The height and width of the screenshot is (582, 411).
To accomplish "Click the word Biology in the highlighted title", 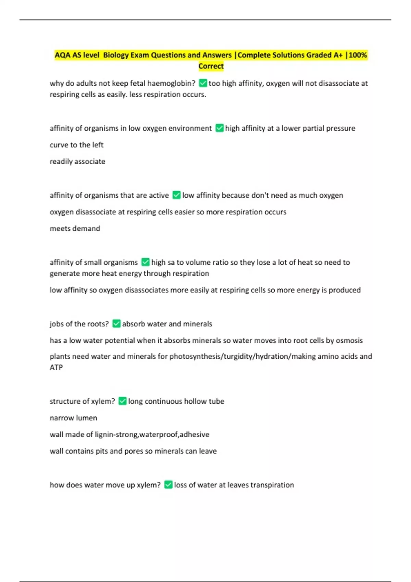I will (x=116, y=55).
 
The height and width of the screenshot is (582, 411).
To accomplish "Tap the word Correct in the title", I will (x=211, y=66).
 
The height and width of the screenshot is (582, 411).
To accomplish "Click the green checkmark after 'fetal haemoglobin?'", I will (x=203, y=83).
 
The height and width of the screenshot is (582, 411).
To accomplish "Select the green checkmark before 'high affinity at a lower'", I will (x=220, y=128).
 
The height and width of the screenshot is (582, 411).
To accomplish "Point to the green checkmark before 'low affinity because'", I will (x=176, y=195).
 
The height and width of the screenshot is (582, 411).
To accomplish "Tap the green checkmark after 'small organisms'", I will (x=145, y=262).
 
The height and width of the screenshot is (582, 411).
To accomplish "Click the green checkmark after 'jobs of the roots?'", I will (x=116, y=324).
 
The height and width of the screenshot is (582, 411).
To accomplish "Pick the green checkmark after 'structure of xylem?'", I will (x=122, y=401).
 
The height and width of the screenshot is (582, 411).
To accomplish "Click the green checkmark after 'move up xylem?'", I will (x=168, y=485).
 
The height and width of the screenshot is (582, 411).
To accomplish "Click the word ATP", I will (x=56, y=367).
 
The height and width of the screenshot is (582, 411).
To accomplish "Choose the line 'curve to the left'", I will (x=76, y=145).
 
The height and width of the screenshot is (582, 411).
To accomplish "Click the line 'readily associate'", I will (x=77, y=162).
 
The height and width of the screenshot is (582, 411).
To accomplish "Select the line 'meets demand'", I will (x=75, y=228).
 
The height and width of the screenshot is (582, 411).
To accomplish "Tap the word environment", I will (x=190, y=128).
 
